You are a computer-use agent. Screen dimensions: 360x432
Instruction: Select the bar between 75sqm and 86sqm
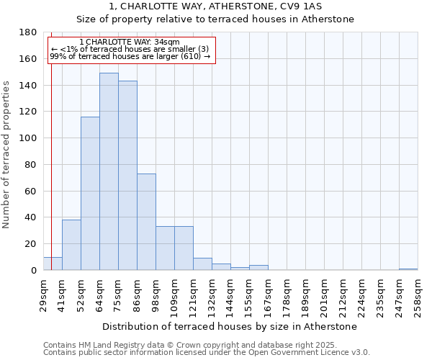127,176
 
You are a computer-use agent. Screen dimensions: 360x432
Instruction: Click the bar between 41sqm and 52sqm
71,245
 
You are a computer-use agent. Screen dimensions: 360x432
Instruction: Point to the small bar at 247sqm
408,269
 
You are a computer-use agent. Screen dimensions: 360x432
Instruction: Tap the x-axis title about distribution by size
229,326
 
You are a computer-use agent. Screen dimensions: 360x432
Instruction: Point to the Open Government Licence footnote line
206,353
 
